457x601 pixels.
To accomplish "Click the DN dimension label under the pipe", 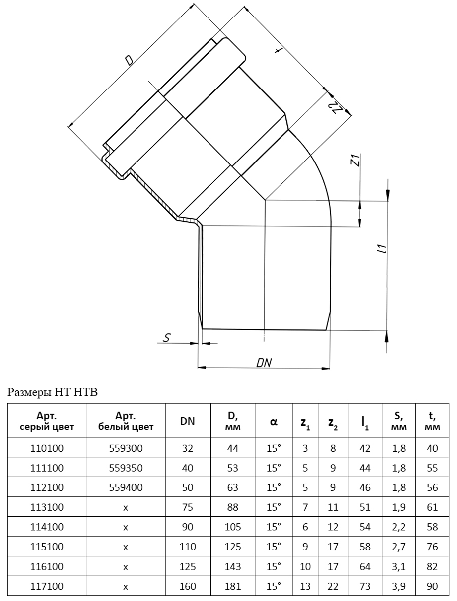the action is click(x=264, y=362).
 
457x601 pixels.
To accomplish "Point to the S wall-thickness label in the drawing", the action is click(x=167, y=337).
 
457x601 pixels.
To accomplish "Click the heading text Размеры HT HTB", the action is click(x=52, y=392).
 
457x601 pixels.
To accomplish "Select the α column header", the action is click(x=274, y=422).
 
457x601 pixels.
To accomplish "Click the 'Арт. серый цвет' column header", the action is click(x=47, y=421).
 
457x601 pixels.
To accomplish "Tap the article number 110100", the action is click(x=47, y=448).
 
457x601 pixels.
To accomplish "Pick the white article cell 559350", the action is click(x=126, y=468).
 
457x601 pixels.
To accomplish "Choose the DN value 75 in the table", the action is click(x=187, y=507).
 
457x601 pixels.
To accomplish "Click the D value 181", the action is click(x=233, y=586).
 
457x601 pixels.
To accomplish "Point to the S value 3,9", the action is click(x=399, y=586).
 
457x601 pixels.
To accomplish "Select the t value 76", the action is click(x=432, y=547).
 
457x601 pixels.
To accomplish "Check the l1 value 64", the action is click(x=365, y=566).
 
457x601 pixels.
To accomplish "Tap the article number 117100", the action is click(x=47, y=586).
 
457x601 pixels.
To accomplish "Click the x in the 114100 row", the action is click(x=126, y=527).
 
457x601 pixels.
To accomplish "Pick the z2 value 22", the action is click(x=333, y=586).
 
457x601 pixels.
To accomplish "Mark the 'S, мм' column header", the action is click(x=399, y=421).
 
